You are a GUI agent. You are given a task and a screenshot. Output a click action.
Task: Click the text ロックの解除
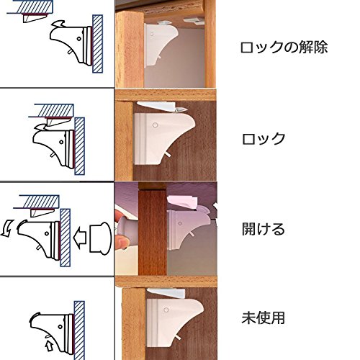[284, 48]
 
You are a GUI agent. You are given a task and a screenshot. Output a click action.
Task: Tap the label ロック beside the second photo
[264, 139]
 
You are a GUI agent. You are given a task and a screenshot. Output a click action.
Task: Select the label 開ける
[264, 229]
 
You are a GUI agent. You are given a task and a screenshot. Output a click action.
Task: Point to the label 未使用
[263, 318]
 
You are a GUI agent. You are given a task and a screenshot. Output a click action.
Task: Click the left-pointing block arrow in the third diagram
[80, 236]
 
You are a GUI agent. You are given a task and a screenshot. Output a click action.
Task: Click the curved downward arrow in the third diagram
[6, 229]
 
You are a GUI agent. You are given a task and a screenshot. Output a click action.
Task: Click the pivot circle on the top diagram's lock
[78, 38]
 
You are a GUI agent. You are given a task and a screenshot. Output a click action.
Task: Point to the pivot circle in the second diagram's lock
[61, 142]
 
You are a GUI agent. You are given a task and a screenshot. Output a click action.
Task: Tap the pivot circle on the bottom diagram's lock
[60, 327]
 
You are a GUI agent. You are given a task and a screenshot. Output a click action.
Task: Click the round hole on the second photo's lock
[156, 125]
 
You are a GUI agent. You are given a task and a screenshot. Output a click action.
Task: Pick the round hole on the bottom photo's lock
[166, 310]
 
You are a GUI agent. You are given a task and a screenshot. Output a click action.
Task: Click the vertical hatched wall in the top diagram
[98, 44]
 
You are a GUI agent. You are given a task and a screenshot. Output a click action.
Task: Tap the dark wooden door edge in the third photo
[153, 233]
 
